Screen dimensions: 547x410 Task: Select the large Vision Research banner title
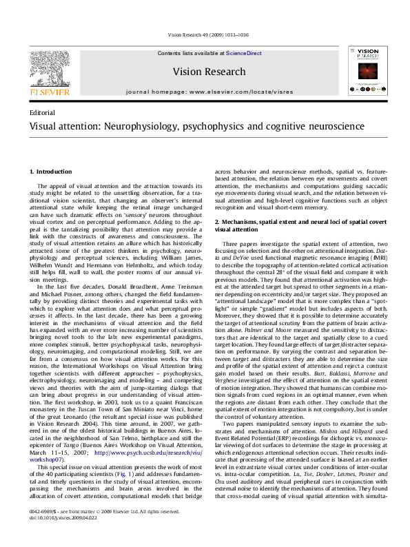pyautogui.click(x=209, y=72)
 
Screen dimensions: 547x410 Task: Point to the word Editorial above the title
pyautogui.click(x=43, y=112)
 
